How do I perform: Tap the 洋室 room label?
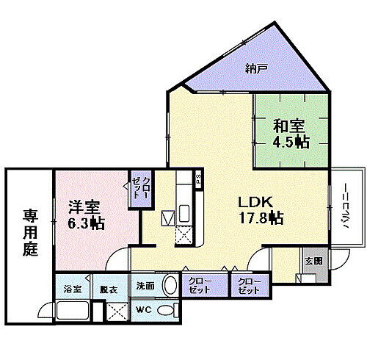tap(85, 206)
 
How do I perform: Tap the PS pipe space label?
tap(198, 179)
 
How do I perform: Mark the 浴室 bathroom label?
tap(71, 289)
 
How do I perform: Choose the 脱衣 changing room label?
tap(109, 289)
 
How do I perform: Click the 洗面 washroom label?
tap(144, 286)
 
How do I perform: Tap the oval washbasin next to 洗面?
tap(170, 285)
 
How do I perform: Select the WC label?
tap(143, 311)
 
